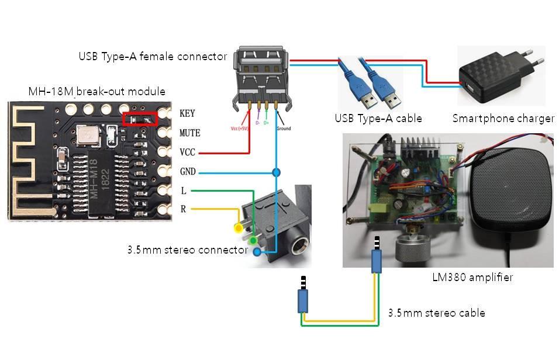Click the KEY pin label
click(x=188, y=113)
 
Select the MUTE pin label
click(x=189, y=133)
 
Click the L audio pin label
click(x=184, y=191)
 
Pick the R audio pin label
click(x=184, y=209)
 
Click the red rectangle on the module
click(x=140, y=119)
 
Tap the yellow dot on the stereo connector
click(x=238, y=227)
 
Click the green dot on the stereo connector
click(x=253, y=240)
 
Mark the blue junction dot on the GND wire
click(x=275, y=172)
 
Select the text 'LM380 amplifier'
click(x=470, y=277)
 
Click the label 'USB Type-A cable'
click(x=378, y=119)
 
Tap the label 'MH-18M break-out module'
click(x=96, y=92)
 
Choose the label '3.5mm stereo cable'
click(x=436, y=313)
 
